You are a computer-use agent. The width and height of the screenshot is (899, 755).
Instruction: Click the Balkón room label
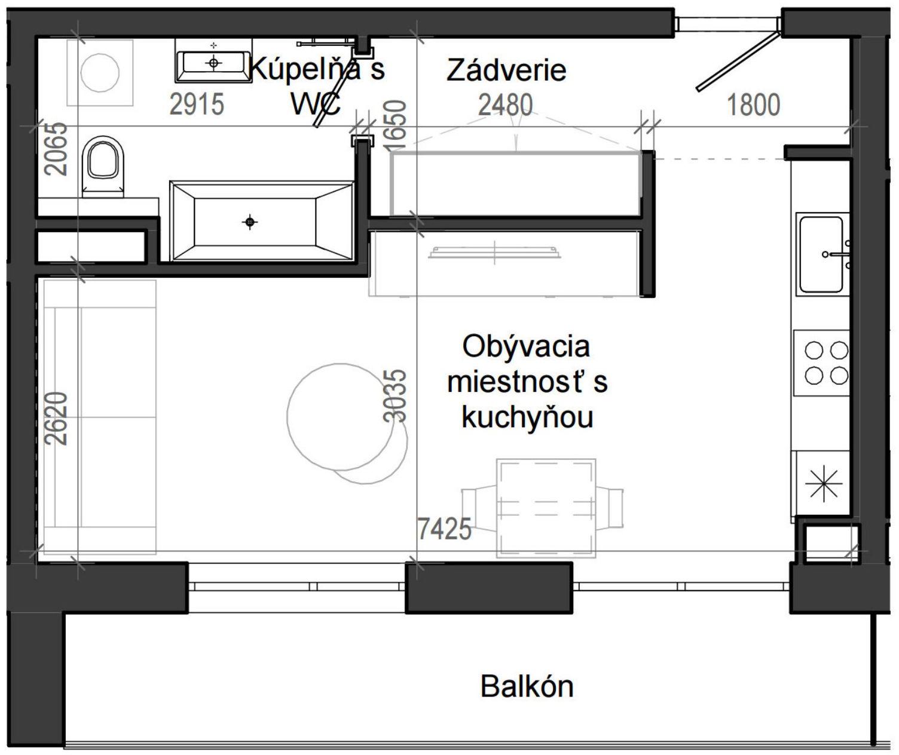coord(527,686)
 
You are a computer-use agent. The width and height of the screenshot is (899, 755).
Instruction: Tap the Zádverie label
coord(506,70)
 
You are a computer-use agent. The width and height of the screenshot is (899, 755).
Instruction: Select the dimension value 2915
coord(197,105)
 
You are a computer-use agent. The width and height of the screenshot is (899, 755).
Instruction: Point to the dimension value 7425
coord(444,529)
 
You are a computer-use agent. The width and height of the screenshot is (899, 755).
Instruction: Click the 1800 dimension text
coord(753,105)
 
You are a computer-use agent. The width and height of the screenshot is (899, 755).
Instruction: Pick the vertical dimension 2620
coord(57,418)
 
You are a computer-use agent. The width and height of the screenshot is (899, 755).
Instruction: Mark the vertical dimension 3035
coord(395,396)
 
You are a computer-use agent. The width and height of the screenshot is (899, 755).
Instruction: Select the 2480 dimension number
coord(505,105)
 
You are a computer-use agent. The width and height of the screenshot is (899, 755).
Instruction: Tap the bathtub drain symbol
coord(250,222)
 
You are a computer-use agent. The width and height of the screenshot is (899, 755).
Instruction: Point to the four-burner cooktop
coord(825,363)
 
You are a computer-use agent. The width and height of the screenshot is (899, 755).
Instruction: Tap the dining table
coord(545,508)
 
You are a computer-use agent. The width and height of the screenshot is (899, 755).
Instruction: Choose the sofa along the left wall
coord(99,416)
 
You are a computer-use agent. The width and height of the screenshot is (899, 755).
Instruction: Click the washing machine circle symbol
coord(100,72)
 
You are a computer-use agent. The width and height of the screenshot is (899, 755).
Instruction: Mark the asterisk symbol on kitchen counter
coord(823,483)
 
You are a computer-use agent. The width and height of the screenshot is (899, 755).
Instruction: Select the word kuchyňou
coord(527,418)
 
